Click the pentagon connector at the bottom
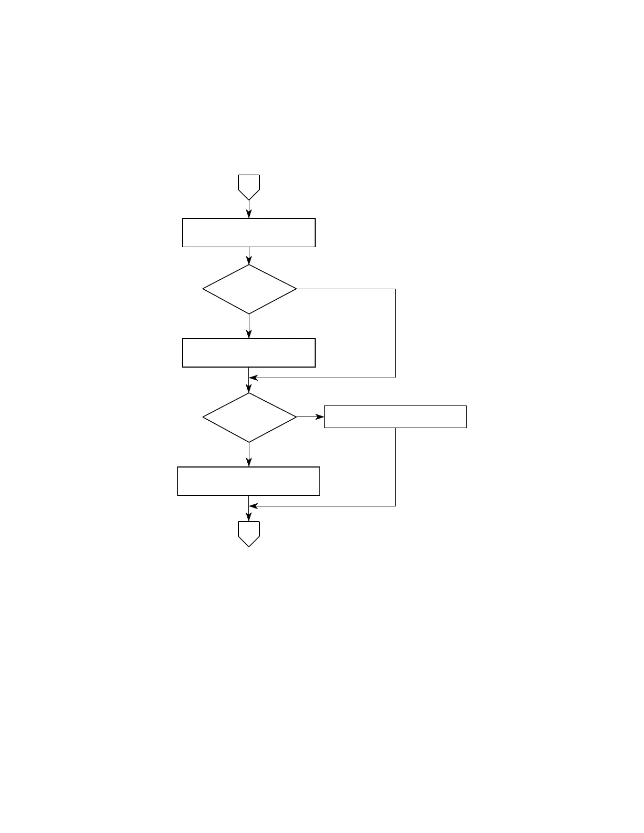click(249, 533)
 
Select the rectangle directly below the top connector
click(249, 232)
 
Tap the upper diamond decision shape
click(249, 289)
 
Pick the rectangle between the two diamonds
click(249, 353)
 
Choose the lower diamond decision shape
click(249, 418)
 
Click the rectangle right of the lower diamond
click(395, 416)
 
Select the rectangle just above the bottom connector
click(249, 481)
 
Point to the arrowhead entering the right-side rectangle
click(320, 417)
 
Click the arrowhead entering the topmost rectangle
click(249, 214)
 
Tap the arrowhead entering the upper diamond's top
click(249, 260)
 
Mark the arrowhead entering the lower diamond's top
click(249, 389)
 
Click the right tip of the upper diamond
click(296, 289)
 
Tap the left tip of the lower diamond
click(203, 418)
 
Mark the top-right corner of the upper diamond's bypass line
click(395, 289)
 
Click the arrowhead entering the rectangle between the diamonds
click(249, 334)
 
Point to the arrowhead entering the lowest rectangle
click(249, 462)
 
